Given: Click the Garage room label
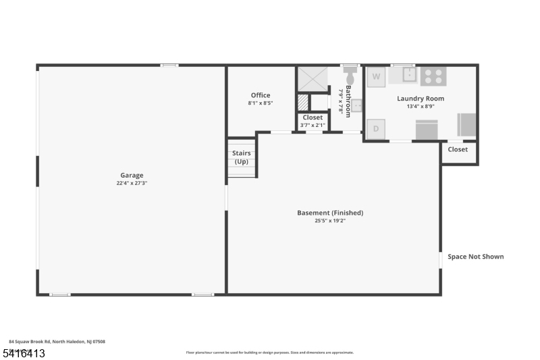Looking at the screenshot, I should coord(132,175).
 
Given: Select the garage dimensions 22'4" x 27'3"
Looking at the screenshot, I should coord(132,183).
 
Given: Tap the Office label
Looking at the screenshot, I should coord(261,95).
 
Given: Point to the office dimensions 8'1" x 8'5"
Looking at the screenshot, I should coord(261,103).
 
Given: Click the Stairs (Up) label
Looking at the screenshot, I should coord(242,157).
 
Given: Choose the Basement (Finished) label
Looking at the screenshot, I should coord(330,213).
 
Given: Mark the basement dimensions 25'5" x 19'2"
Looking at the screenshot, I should coord(330,221).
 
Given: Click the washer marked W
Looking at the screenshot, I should coord(376,76).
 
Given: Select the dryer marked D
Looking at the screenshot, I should coord(376,128).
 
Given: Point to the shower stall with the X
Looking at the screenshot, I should coord(313,79).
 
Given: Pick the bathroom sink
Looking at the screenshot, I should coord(357,105).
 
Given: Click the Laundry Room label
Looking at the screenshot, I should coord(421,99).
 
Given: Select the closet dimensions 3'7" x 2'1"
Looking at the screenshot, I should coord(313,125).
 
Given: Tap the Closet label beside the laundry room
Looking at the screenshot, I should coord(458,149).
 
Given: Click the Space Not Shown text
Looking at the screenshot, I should coord(476,257).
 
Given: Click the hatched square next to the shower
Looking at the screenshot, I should coord(303,103).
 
